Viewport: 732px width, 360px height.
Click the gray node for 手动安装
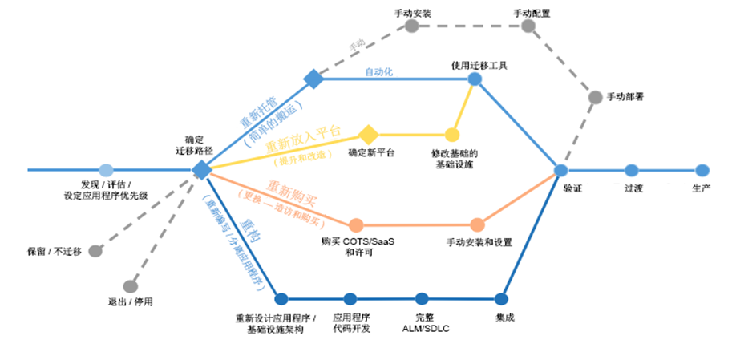tap(411, 26)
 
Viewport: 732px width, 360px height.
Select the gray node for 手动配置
tap(528, 26)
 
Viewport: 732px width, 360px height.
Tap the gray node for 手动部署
tap(595, 97)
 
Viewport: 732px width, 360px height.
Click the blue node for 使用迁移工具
tap(475, 79)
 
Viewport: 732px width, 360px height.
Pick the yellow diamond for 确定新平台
tap(368, 134)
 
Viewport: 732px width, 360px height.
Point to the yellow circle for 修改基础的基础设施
tap(452, 135)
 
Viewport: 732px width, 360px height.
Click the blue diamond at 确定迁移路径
tap(202, 170)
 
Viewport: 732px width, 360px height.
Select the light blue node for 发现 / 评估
tap(106, 170)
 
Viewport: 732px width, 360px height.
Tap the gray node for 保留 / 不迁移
tap(95, 250)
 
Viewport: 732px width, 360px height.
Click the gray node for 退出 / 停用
tap(131, 286)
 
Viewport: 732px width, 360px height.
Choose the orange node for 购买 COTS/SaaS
tap(357, 225)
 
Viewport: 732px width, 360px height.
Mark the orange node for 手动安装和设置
tap(478, 225)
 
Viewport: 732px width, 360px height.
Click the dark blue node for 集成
tap(502, 299)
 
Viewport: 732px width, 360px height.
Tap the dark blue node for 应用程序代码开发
tap(350, 299)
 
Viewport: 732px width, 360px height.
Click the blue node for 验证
tap(561, 170)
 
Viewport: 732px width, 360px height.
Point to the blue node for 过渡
tap(632, 170)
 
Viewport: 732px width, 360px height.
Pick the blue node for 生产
tap(702, 170)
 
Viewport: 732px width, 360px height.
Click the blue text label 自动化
tap(378, 72)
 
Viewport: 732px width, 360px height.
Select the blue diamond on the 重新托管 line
tap(313, 79)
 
